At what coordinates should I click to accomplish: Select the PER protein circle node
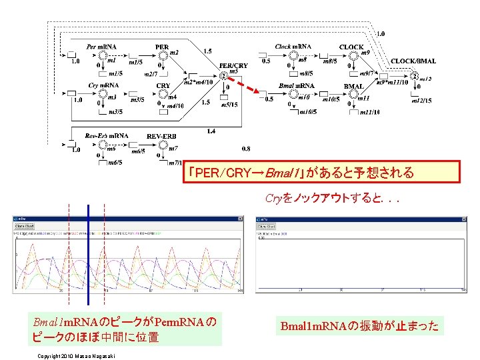(162, 55)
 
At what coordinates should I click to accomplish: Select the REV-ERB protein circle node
(162, 144)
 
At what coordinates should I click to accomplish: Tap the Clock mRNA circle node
(291, 55)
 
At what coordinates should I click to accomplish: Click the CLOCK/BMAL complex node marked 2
(415, 76)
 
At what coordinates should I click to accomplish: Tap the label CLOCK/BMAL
(413, 61)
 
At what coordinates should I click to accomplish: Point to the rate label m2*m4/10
(198, 82)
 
